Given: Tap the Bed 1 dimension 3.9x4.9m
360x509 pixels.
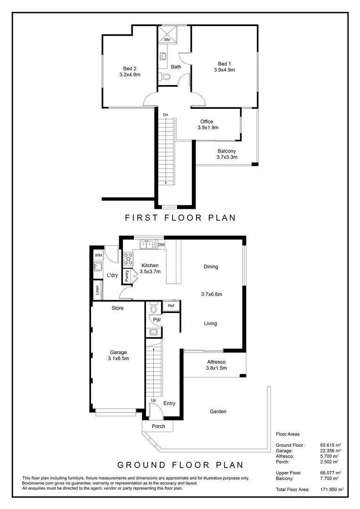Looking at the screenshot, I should [x=224, y=70].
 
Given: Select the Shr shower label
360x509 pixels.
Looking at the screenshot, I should [x=167, y=40].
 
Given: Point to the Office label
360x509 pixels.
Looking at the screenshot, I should [x=206, y=122].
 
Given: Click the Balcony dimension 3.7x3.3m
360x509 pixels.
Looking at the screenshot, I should [x=227, y=157].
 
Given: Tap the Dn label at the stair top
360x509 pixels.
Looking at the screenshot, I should [x=165, y=115].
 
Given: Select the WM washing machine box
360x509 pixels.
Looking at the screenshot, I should [x=98, y=255].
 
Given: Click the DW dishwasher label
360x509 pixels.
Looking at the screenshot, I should [x=161, y=245].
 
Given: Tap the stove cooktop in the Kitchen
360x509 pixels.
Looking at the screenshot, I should [x=128, y=258].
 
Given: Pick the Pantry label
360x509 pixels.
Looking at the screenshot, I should [x=127, y=276].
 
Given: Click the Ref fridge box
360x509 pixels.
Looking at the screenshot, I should [x=171, y=306].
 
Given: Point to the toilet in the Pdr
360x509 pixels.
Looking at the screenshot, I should [x=153, y=308].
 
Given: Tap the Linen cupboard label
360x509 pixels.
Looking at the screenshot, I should [x=97, y=290].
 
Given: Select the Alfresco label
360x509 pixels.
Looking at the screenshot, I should [x=217, y=362].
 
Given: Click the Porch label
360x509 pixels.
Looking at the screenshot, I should [x=158, y=426].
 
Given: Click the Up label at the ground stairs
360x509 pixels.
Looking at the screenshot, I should [x=153, y=400].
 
